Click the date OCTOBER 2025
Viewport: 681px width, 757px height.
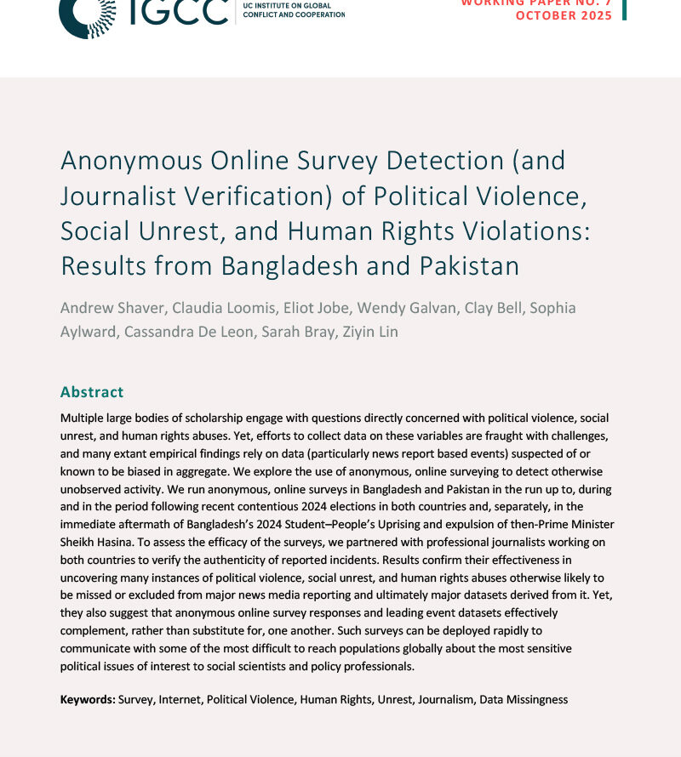tap(564, 16)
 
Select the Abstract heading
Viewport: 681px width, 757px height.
tap(92, 392)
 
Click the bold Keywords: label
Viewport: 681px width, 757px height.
tap(88, 699)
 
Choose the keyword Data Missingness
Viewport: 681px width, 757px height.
tap(524, 699)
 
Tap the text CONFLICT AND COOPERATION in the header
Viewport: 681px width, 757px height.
tap(294, 14)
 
